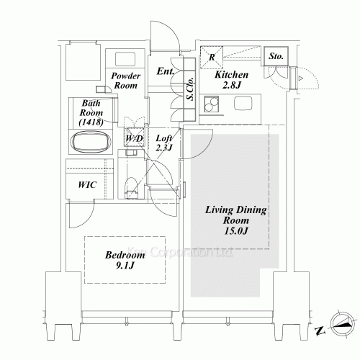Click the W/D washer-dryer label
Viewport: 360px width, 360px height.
click(133, 138)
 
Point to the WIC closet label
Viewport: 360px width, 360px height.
click(87, 184)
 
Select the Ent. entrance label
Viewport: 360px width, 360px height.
click(165, 71)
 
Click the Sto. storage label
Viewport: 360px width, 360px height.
click(276, 55)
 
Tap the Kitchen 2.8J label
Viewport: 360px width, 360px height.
click(232, 79)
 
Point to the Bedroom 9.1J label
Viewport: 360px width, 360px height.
click(127, 260)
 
